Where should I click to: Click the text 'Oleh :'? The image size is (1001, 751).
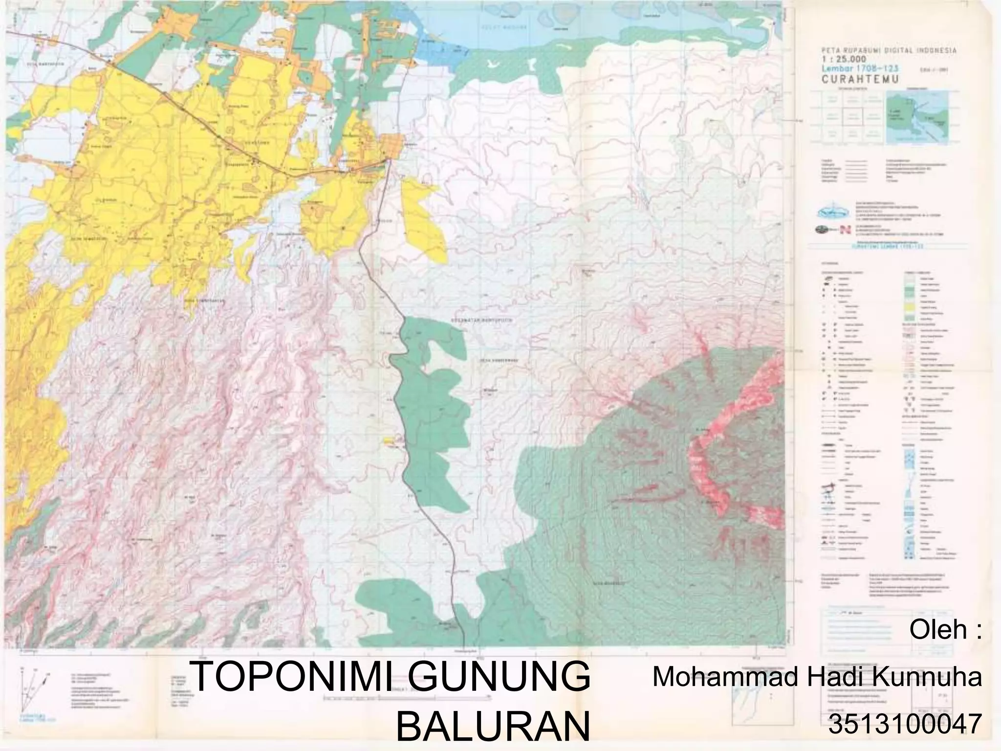(945, 630)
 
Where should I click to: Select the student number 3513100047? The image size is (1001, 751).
(905, 725)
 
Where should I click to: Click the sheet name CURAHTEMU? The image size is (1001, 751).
(860, 80)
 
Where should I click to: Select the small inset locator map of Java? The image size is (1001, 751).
(917, 119)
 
